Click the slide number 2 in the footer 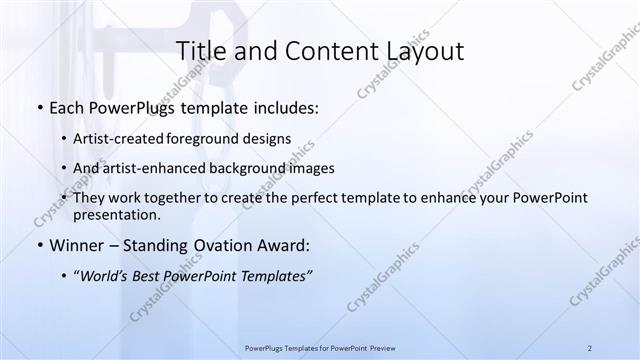click(589, 348)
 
